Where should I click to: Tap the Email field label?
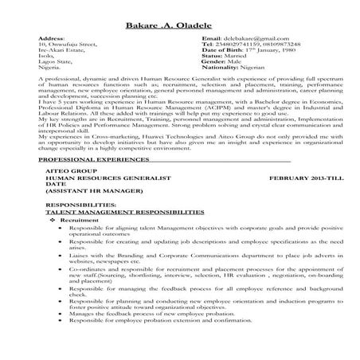[211, 37]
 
